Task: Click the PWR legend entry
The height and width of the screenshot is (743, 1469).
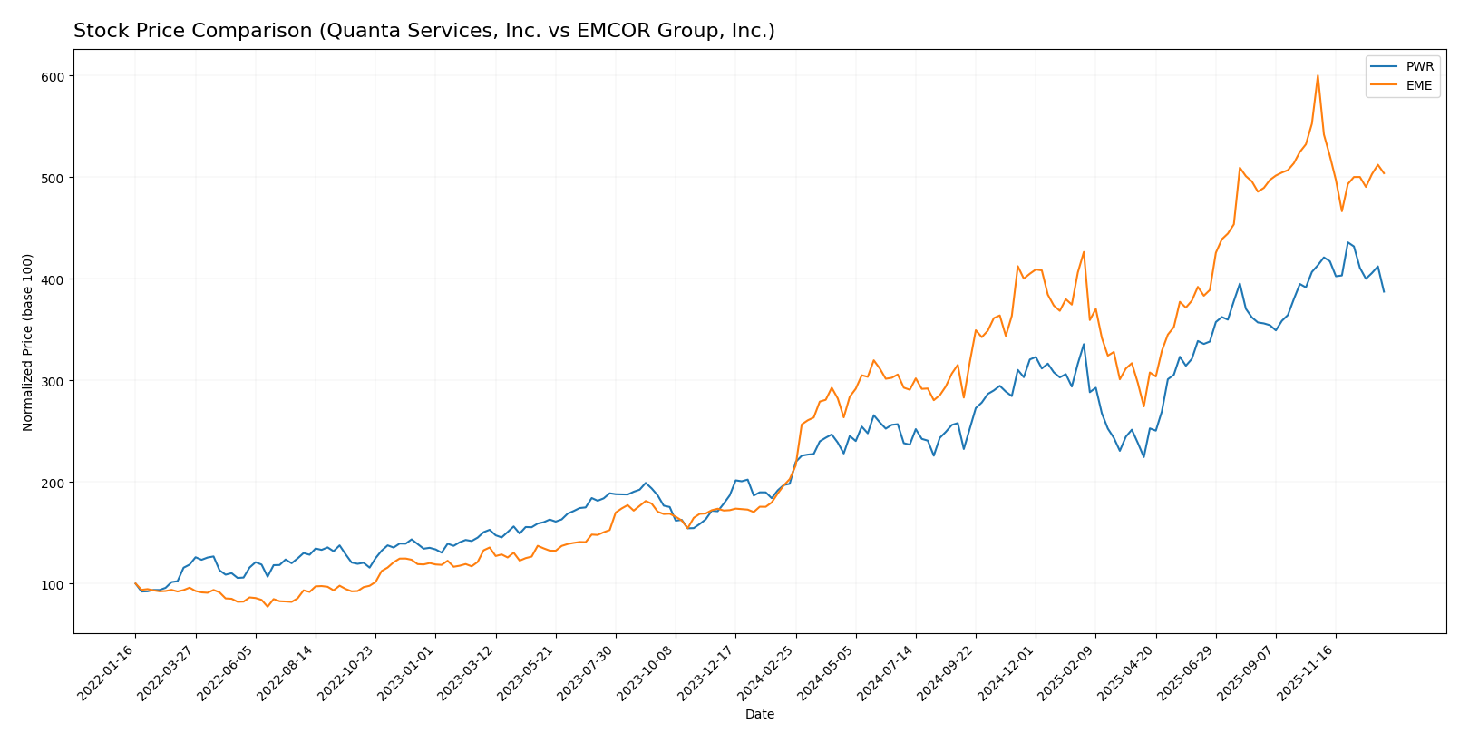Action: (1420, 67)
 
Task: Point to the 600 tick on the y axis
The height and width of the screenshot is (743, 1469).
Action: (53, 76)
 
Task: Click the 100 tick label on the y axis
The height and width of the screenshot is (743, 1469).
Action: (53, 584)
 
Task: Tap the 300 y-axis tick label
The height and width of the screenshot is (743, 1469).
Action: (53, 381)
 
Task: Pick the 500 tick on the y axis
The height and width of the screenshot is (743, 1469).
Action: (53, 178)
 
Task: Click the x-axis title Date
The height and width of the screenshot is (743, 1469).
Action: (760, 715)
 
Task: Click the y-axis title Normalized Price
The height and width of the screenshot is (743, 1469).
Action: (28, 342)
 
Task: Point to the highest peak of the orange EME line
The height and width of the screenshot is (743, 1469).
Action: (1318, 75)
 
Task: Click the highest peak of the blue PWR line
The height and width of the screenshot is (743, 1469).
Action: (1347, 242)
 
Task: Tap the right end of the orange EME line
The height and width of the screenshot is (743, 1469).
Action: (1384, 173)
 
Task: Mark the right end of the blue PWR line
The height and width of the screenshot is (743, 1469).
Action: (1384, 291)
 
